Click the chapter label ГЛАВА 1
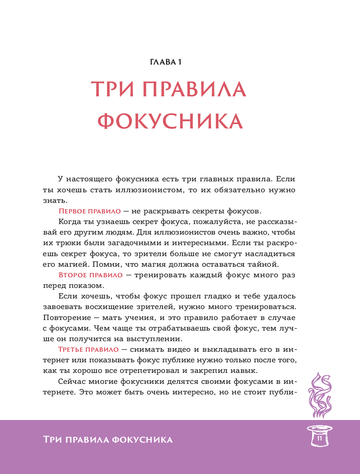pyautogui.click(x=166, y=62)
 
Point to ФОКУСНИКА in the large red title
pyautogui.click(x=170, y=121)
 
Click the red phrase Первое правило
pyautogui.click(x=89, y=211)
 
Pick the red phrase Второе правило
pyautogui.click(x=91, y=275)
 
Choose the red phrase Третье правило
pyautogui.click(x=88, y=350)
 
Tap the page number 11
pyautogui.click(x=319, y=438)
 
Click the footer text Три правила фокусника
pyautogui.click(x=108, y=440)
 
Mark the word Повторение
pyautogui.click(x=67, y=318)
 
